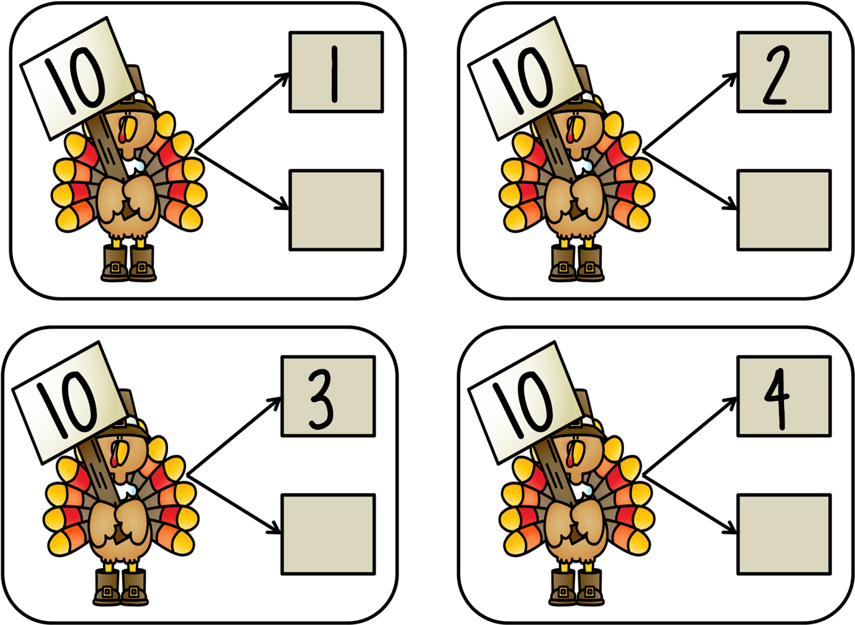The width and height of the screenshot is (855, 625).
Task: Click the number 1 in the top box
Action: click(x=335, y=74)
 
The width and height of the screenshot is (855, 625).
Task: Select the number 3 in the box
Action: click(x=321, y=400)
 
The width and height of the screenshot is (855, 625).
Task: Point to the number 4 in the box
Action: click(x=777, y=400)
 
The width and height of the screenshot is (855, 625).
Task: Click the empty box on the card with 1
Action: click(x=336, y=210)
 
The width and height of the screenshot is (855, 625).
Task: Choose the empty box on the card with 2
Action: click(x=784, y=210)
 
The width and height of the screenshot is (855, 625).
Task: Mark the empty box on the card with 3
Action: click(x=328, y=535)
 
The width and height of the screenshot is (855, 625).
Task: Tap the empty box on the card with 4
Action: click(x=784, y=535)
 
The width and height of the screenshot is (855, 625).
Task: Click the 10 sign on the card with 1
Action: click(x=77, y=78)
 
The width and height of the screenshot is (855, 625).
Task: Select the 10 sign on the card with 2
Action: click(x=525, y=78)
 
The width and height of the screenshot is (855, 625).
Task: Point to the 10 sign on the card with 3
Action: click(x=69, y=403)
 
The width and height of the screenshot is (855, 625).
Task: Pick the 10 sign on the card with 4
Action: click(x=525, y=403)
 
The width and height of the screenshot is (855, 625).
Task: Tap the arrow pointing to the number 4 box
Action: click(x=689, y=436)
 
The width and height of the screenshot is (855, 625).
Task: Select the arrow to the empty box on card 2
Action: click(x=689, y=180)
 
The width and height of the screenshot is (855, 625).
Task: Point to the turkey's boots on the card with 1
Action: click(x=128, y=263)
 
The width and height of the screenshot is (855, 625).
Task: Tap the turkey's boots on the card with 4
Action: click(x=576, y=587)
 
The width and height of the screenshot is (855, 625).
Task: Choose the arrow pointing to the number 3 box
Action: click(x=234, y=436)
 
